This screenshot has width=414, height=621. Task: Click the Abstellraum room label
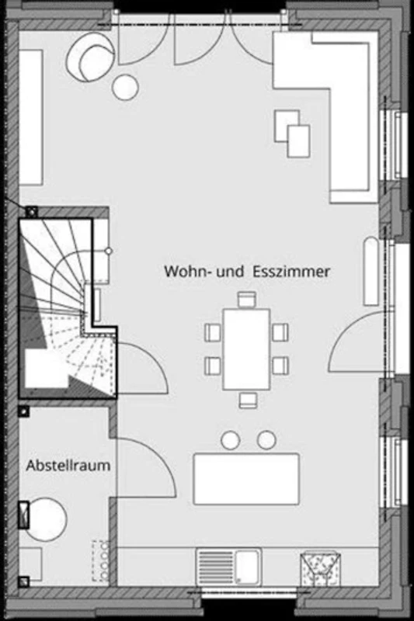pyautogui.click(x=68, y=465)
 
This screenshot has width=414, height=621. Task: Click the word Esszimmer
pyautogui.click(x=291, y=272)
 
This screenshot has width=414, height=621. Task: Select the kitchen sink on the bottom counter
pyautogui.click(x=229, y=567)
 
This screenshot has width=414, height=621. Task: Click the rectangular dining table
pyautogui.click(x=246, y=349)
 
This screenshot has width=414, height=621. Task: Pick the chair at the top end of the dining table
pyautogui.click(x=247, y=300)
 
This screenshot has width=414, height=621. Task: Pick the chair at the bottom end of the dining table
pyautogui.click(x=248, y=400)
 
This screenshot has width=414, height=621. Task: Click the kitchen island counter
pyautogui.click(x=246, y=479)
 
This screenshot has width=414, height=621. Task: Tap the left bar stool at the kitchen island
pyautogui.click(x=231, y=440)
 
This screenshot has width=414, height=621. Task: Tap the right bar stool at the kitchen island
pyautogui.click(x=266, y=440)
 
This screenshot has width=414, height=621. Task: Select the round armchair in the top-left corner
pyautogui.click(x=91, y=57)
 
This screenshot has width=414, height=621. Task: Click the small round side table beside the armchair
pyautogui.click(x=125, y=87)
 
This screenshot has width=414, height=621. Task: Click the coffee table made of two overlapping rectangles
pyautogui.click(x=292, y=134)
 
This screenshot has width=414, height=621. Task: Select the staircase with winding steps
pyautogui.click(x=68, y=309)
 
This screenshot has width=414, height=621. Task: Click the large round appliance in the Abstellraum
pyautogui.click(x=47, y=519)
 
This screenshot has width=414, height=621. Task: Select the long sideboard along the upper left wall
pyautogui.click(x=31, y=117)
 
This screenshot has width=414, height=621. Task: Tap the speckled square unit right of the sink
pyautogui.click(x=321, y=569)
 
